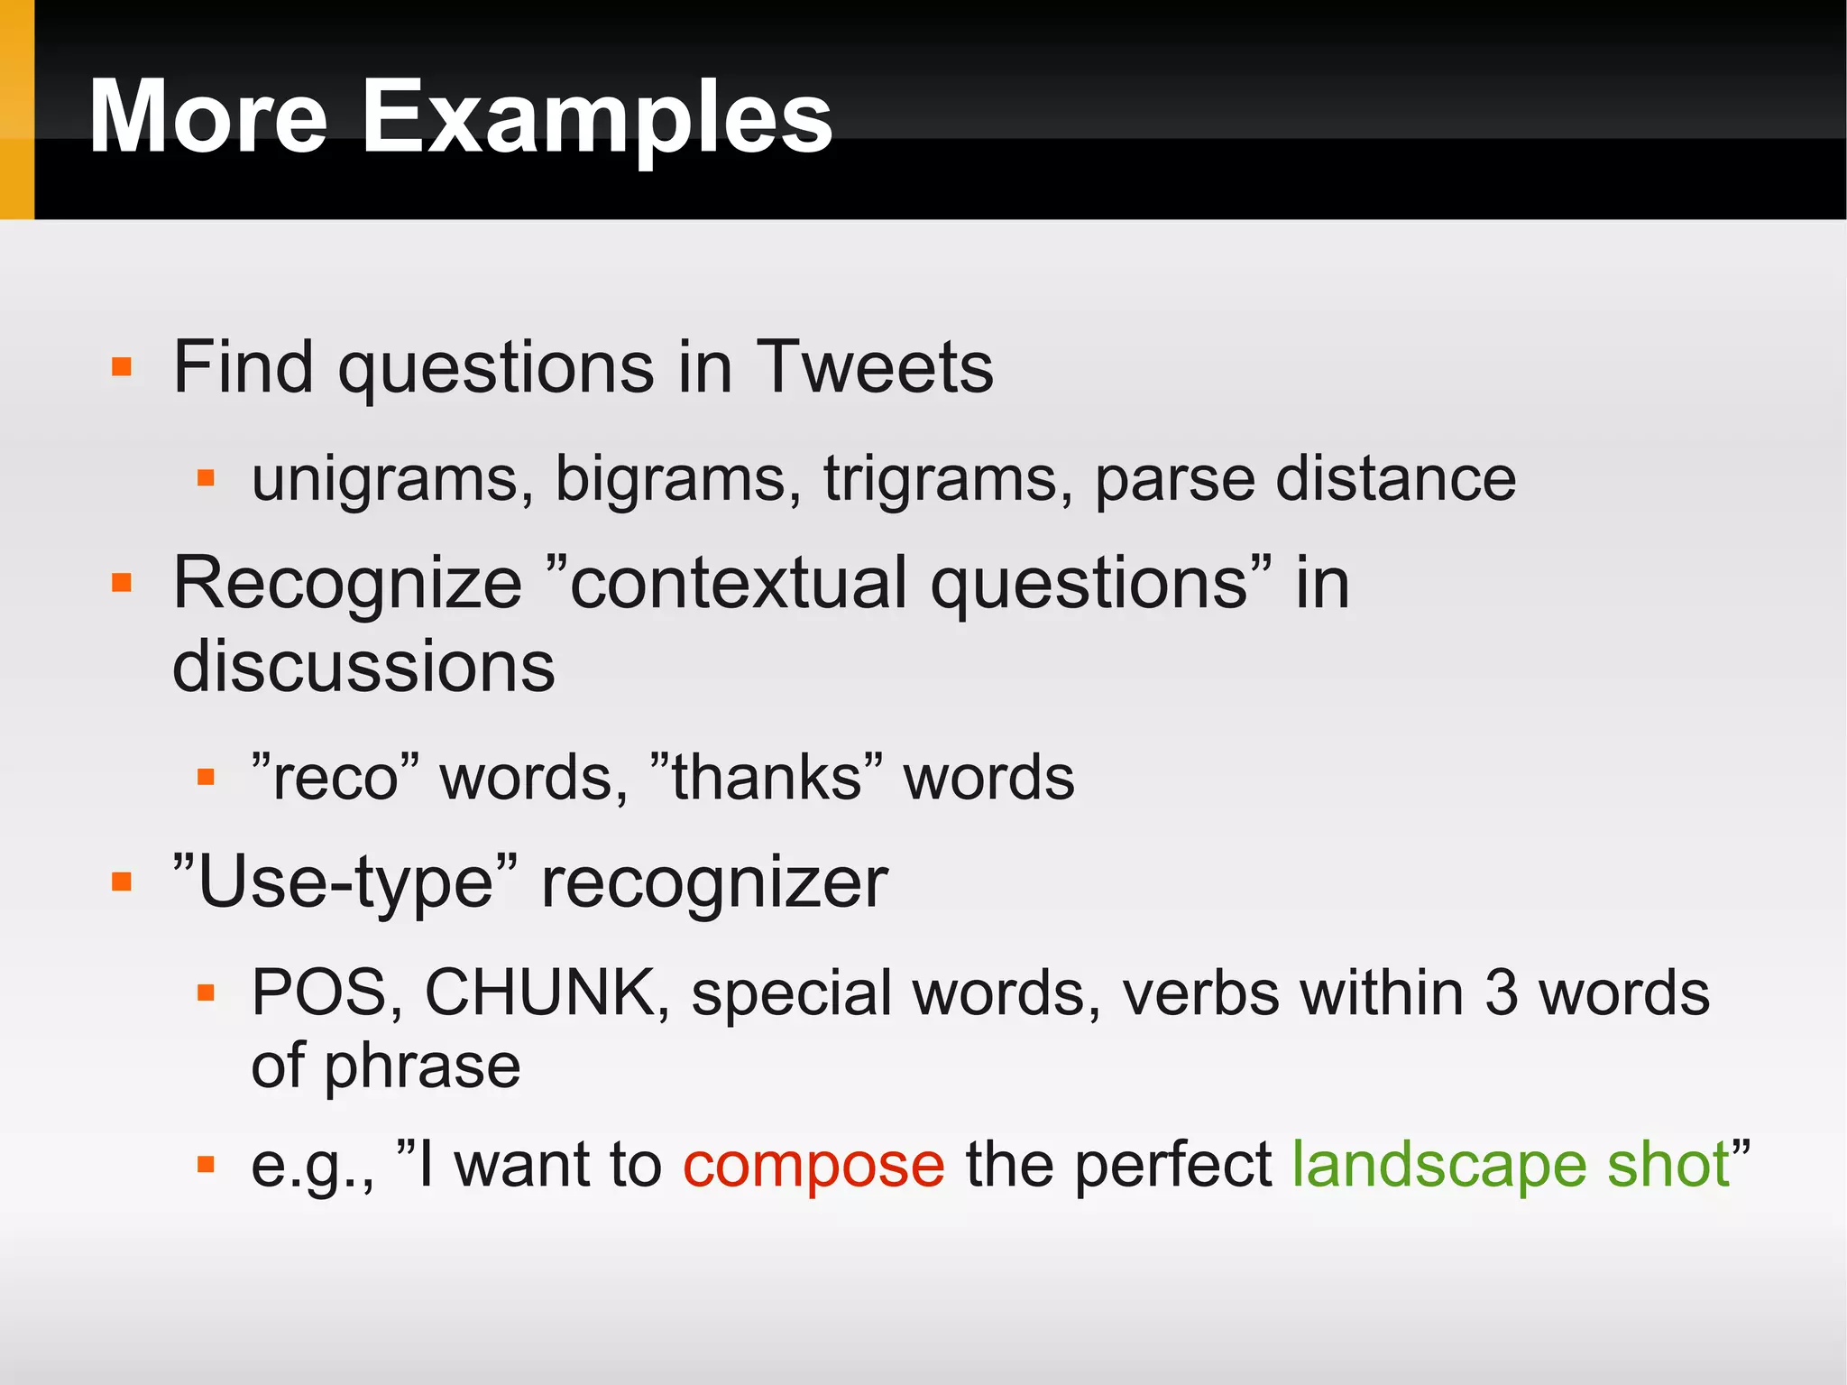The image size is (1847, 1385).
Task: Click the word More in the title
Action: [207, 117]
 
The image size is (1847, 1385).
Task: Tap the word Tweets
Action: [874, 367]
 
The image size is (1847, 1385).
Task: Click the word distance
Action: [1395, 478]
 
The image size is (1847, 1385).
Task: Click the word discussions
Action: [363, 667]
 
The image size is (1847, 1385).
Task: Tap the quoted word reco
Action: [335, 778]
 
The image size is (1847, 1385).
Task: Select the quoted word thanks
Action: [766, 778]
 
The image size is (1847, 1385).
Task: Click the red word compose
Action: [813, 1166]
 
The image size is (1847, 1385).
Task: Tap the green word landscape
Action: [1438, 1166]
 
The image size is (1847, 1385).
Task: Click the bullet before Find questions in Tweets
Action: [122, 367]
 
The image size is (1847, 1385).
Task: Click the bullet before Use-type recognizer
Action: [122, 882]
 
